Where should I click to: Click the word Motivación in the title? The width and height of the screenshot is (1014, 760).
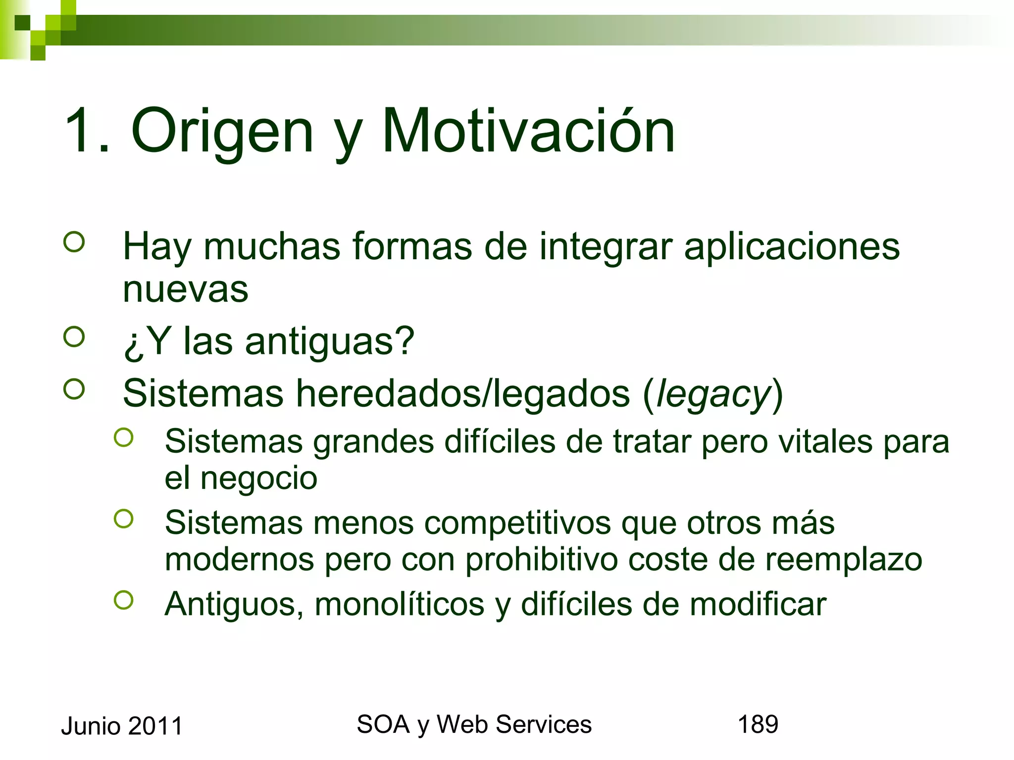click(528, 131)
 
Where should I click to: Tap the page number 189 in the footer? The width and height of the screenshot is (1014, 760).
click(758, 724)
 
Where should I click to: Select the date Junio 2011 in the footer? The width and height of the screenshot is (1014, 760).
click(122, 726)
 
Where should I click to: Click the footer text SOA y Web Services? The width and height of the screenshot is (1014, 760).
click(474, 724)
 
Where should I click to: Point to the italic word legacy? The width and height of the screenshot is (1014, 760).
click(713, 394)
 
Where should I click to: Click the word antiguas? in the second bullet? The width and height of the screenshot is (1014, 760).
click(329, 341)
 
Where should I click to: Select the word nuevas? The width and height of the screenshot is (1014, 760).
click(185, 289)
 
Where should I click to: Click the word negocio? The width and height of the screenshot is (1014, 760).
click(258, 478)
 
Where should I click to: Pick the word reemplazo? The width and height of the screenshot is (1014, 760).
click(844, 560)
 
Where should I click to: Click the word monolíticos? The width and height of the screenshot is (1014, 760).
click(399, 604)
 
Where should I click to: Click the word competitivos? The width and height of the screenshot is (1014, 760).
click(517, 523)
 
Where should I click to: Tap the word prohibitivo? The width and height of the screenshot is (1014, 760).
click(541, 560)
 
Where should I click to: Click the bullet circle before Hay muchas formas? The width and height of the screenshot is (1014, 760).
click(74, 242)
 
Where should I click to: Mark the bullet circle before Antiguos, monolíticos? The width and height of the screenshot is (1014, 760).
click(123, 600)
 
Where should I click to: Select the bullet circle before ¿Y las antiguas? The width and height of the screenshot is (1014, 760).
click(74, 337)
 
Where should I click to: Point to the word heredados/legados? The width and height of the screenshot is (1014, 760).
click(463, 394)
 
